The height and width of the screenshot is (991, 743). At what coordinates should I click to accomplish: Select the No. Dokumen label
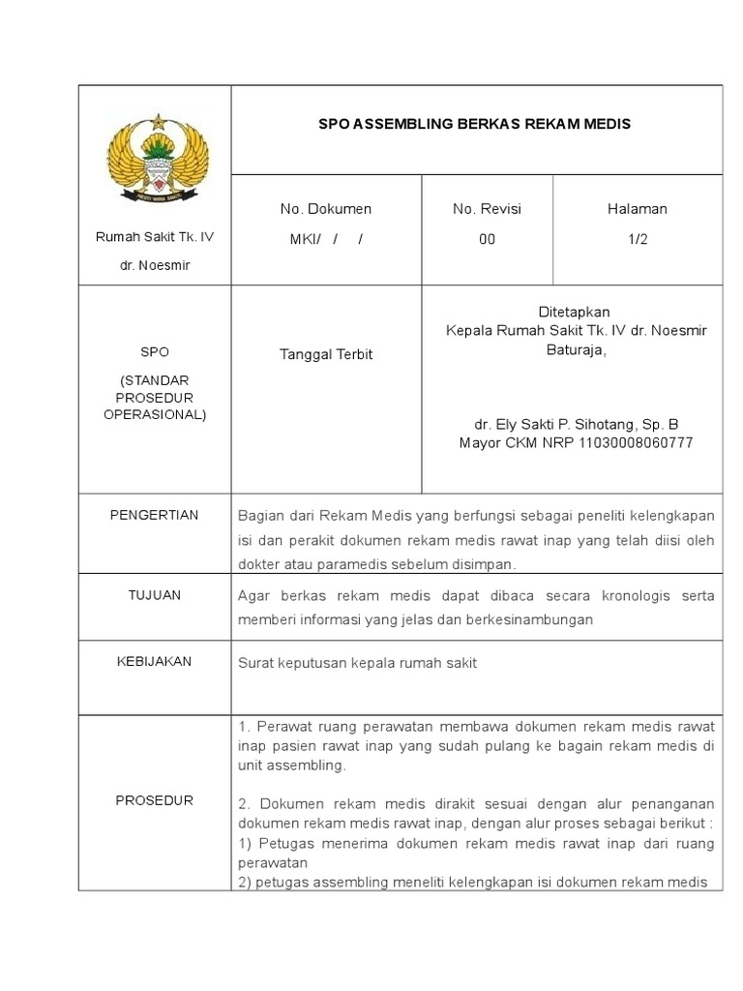pos(325,209)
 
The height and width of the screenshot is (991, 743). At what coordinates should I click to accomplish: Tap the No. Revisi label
pos(487,209)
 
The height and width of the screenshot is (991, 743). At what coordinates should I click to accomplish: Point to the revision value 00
pos(487,240)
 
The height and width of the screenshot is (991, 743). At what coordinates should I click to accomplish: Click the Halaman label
pos(637,209)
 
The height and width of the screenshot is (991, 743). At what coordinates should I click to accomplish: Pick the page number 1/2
pos(637,240)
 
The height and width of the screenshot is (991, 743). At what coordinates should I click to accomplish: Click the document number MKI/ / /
pos(325,240)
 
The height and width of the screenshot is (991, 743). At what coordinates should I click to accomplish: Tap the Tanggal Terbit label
pos(325,354)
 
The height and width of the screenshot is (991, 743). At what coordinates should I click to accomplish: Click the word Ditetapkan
pos(575,313)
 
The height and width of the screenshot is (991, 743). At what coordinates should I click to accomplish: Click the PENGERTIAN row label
pos(154,515)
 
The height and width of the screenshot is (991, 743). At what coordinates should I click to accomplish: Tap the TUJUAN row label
pos(154,595)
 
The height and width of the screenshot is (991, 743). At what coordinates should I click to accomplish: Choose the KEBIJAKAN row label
pos(154,662)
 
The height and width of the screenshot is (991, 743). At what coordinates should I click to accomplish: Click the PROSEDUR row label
pos(154,800)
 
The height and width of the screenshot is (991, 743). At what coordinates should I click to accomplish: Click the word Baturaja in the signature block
pos(575,349)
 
